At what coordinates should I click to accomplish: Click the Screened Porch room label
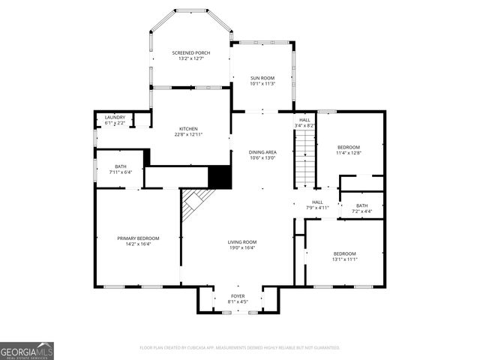(190, 52)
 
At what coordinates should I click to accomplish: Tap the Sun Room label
(262, 78)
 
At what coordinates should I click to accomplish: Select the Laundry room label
(115, 117)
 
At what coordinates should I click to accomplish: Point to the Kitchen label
(187, 128)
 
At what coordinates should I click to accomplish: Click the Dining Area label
(262, 152)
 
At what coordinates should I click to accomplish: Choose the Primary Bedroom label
(138, 238)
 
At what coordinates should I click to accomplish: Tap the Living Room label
(242, 241)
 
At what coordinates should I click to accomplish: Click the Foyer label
(238, 296)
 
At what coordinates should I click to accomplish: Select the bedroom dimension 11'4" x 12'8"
(349, 153)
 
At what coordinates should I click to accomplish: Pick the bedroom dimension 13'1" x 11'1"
(345, 259)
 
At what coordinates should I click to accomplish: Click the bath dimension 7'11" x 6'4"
(121, 172)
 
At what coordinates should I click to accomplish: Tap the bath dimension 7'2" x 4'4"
(362, 211)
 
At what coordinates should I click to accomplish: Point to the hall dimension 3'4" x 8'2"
(304, 125)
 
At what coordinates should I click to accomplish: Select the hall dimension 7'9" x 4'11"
(317, 208)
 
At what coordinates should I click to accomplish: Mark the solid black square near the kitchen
(219, 178)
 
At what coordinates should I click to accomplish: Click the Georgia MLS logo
(27, 350)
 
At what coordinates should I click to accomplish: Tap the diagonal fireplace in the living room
(196, 202)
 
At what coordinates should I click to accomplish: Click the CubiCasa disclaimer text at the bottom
(240, 348)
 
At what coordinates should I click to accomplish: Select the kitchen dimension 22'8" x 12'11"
(187, 134)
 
